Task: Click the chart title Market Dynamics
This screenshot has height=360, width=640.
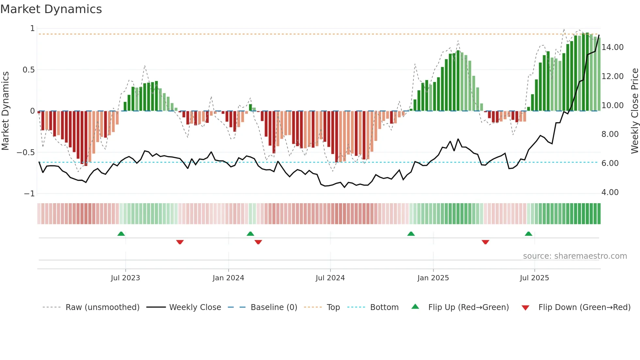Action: click(51, 9)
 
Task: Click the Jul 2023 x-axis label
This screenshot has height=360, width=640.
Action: click(125, 278)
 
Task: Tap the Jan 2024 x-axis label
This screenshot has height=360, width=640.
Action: click(228, 278)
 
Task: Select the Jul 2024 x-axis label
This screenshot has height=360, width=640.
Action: click(330, 278)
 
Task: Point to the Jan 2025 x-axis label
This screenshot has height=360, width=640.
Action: click(433, 278)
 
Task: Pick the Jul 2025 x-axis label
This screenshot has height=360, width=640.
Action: click(534, 278)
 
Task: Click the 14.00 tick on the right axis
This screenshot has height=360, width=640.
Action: click(612, 47)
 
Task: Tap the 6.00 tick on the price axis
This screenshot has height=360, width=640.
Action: click(610, 163)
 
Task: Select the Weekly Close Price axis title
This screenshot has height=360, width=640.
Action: click(634, 111)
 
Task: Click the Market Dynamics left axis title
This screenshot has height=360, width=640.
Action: click(5, 111)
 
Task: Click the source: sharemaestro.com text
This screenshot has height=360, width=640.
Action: click(575, 256)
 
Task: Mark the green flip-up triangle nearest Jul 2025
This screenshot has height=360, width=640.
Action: click(528, 234)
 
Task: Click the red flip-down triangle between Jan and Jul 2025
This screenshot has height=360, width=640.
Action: click(485, 242)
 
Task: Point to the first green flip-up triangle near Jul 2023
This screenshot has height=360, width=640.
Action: click(121, 234)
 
